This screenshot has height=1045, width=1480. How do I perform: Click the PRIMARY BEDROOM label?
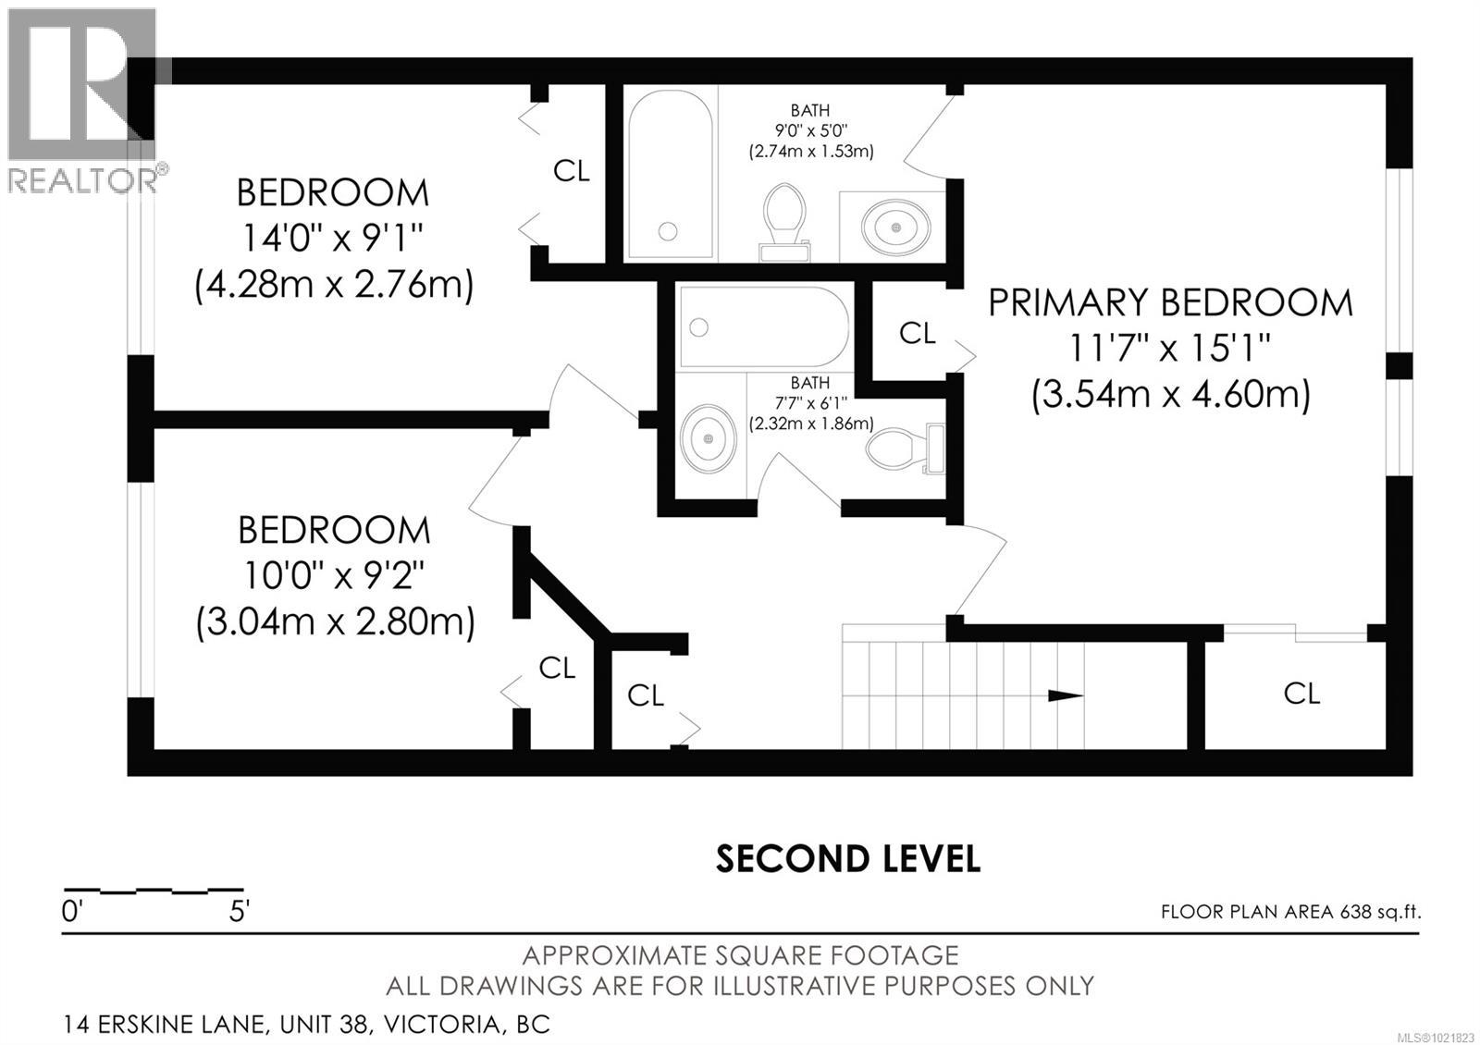pyautogui.click(x=1170, y=303)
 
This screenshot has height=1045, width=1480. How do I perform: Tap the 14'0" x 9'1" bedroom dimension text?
pyautogui.click(x=333, y=240)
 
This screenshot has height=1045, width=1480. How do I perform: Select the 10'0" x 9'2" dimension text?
pyautogui.click(x=333, y=577)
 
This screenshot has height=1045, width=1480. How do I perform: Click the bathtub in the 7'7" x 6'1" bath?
pyautogui.click(x=764, y=327)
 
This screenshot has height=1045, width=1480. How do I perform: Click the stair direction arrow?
pyautogui.click(x=1064, y=695)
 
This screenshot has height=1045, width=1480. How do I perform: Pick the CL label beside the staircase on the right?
pyautogui.click(x=1301, y=694)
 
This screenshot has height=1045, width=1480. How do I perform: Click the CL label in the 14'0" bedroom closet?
pyautogui.click(x=572, y=171)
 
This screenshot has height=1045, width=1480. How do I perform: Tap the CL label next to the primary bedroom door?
pyautogui.click(x=917, y=334)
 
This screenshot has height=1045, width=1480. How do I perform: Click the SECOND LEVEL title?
pyautogui.click(x=847, y=859)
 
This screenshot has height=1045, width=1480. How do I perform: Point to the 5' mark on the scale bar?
pyautogui.click(x=239, y=912)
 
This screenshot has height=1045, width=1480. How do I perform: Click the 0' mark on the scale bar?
pyautogui.click(x=72, y=912)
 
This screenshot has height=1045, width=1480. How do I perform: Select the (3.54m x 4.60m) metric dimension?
pyautogui.click(x=1170, y=396)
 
